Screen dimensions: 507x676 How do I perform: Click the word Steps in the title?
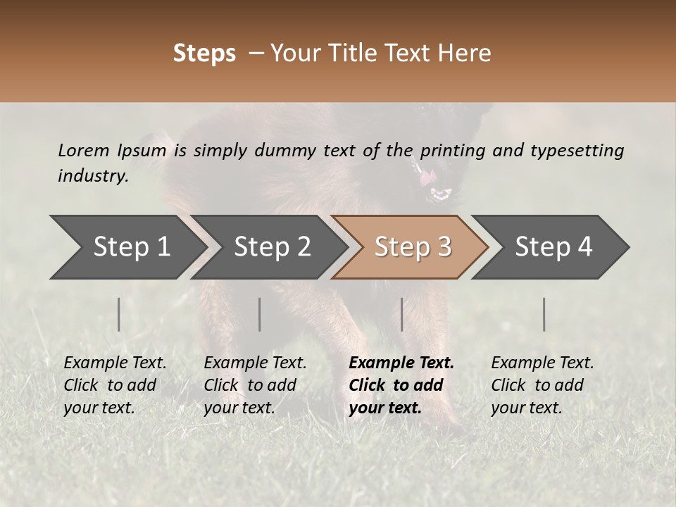click(204, 54)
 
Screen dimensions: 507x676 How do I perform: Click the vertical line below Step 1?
click(119, 314)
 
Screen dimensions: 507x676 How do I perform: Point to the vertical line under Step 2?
click(260, 314)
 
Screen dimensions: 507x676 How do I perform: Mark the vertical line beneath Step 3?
click(402, 314)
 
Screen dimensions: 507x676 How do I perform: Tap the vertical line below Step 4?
click(544, 314)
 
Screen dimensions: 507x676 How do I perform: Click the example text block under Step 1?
click(115, 385)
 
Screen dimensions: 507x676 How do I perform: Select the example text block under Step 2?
click(255, 385)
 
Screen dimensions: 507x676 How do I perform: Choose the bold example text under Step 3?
click(401, 385)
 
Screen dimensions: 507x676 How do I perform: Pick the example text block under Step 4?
click(542, 385)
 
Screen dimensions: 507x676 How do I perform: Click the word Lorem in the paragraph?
click(84, 150)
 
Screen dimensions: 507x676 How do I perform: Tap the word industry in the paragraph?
click(93, 176)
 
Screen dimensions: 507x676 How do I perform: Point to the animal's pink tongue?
click(427, 178)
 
